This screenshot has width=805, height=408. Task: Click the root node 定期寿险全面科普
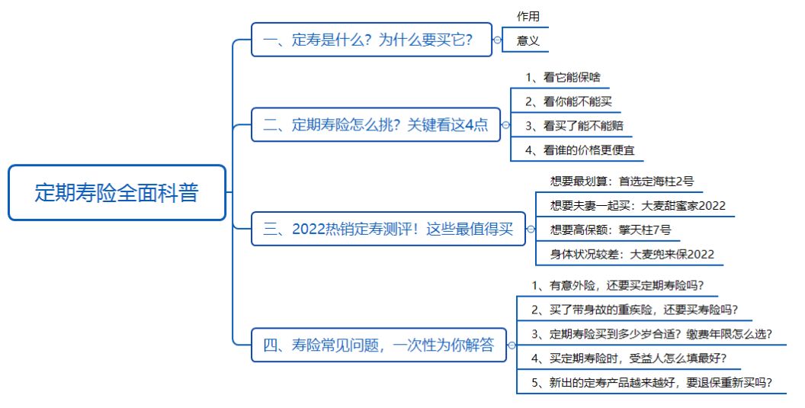(x=117, y=193)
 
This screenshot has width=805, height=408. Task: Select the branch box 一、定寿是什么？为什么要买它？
(x=372, y=40)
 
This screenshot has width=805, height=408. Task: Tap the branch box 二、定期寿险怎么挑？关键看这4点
(x=376, y=125)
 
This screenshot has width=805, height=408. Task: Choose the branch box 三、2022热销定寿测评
(x=388, y=229)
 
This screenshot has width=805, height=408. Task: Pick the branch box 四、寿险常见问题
(x=379, y=345)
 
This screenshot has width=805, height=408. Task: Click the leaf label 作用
(x=528, y=17)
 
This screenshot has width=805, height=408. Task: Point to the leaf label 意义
(x=528, y=40)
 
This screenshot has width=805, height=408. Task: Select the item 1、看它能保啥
(x=563, y=78)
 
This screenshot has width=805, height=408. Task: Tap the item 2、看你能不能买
(x=569, y=101)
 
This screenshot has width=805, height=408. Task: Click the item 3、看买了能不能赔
(x=574, y=126)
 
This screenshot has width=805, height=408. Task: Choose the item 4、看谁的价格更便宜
(x=579, y=150)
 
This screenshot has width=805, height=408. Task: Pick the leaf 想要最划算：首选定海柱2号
(x=622, y=182)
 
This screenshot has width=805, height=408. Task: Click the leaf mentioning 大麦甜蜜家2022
(x=637, y=206)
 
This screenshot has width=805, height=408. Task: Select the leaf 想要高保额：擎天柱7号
(x=611, y=230)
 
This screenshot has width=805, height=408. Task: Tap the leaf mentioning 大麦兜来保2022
(x=632, y=254)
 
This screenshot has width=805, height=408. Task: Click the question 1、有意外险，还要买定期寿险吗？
(x=617, y=286)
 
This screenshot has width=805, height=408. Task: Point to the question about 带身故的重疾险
(x=634, y=310)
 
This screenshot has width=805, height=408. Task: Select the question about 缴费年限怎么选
(x=652, y=334)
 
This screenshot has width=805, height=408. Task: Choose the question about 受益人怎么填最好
(x=629, y=358)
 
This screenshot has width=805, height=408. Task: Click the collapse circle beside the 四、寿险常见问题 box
(x=512, y=345)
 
